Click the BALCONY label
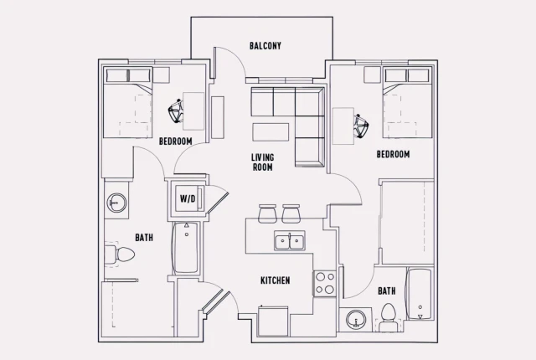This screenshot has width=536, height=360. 265,45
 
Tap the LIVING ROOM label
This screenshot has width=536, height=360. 264,162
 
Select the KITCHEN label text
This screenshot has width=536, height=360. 275,280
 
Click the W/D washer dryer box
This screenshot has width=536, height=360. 188,199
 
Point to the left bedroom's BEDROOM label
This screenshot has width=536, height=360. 176,141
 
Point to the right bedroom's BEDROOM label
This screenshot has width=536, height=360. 392,155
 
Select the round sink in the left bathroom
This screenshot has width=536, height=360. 117,203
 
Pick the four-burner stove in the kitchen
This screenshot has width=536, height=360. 324,284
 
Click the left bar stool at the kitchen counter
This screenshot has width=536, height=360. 267,213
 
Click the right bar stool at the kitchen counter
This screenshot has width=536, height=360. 291,213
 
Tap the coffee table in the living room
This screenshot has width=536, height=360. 271,132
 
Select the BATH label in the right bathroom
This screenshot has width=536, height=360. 386,291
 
